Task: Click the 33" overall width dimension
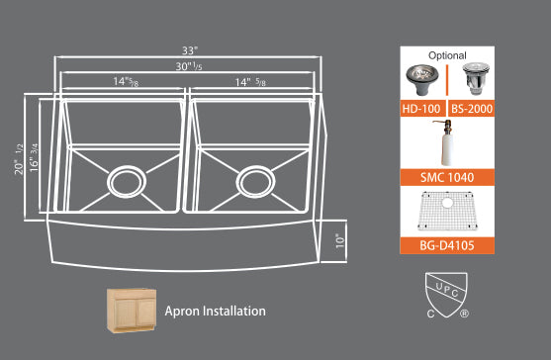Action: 190,49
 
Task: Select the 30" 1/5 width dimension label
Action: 190,67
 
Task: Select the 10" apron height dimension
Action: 338,240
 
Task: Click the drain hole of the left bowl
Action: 125,183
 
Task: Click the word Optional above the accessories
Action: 447,55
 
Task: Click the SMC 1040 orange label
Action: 447,178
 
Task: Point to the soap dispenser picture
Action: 447,142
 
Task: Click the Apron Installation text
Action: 216,311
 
